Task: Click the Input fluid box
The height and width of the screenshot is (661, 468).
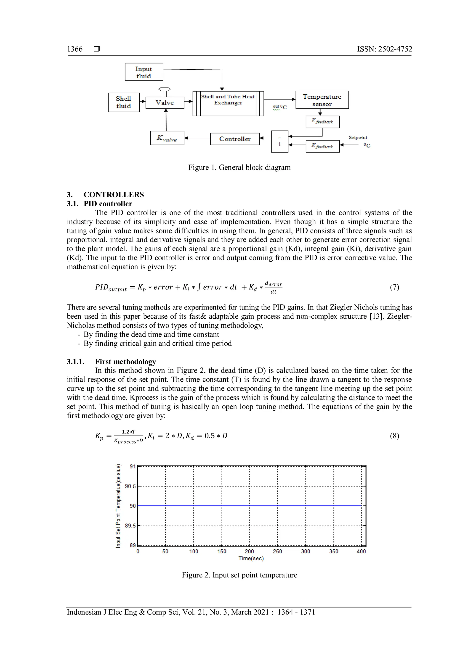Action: pos(144,72)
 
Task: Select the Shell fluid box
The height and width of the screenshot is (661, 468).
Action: pos(124,102)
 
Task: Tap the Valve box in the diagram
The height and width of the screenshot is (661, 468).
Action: pos(165,103)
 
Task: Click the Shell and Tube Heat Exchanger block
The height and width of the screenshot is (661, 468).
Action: pos(228,103)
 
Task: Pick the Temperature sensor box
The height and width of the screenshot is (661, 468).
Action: pos(322,100)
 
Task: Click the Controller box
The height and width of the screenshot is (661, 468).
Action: pos(235,139)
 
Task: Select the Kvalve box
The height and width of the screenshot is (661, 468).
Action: pos(167,138)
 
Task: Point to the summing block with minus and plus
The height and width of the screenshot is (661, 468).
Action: pos(279,141)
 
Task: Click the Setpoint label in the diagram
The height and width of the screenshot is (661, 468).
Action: pos(358,138)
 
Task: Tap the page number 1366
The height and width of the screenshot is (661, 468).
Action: pos(75,49)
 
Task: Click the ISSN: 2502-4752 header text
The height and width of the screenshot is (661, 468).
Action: pos(384,49)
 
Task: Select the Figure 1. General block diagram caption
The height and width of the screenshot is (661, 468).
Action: pos(239,168)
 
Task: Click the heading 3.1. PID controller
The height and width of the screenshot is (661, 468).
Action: pos(99,204)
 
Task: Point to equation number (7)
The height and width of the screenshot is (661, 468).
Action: pos(394,287)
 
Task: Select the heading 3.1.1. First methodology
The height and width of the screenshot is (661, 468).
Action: pos(111,362)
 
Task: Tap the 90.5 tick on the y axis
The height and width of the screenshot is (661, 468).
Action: pos(130,486)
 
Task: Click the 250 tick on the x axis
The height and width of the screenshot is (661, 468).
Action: pos(277,551)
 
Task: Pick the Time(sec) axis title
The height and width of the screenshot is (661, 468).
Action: pos(251,558)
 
